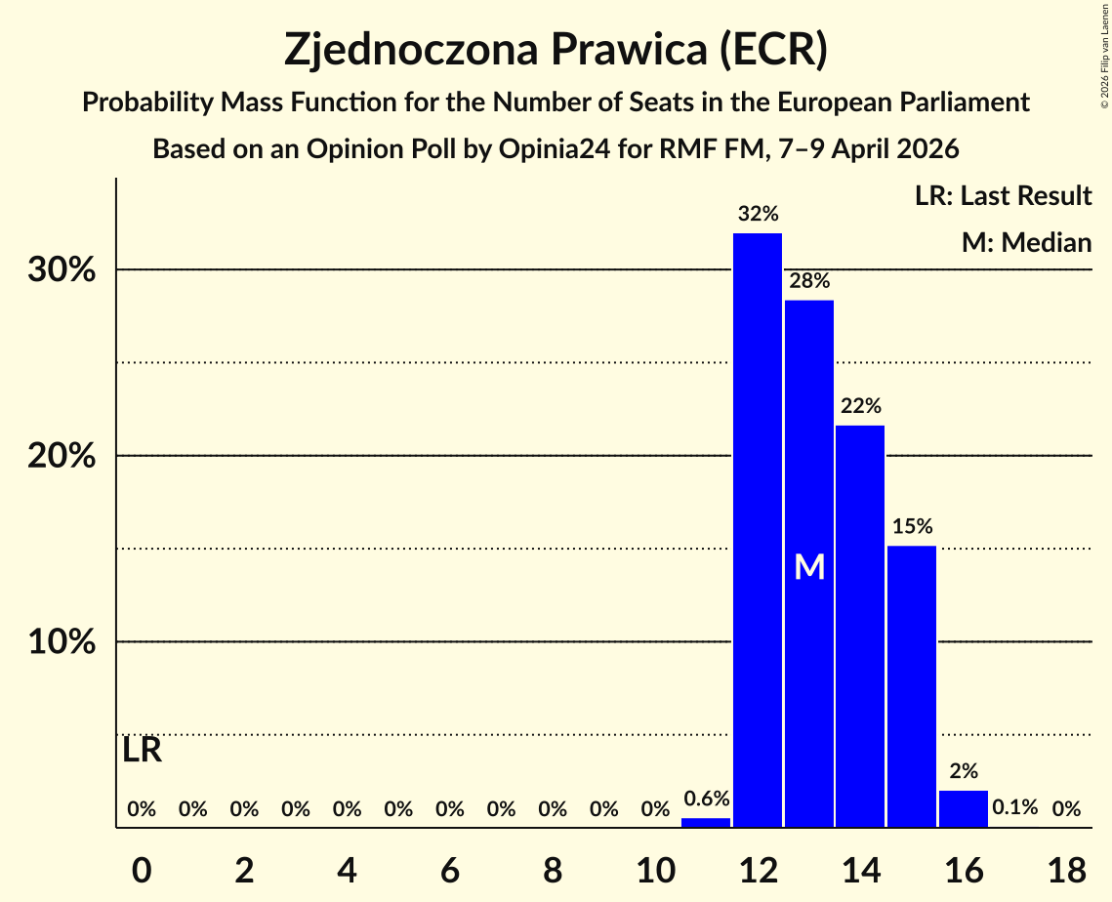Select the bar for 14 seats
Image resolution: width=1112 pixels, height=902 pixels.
860,626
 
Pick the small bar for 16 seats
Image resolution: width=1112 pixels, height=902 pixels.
963,809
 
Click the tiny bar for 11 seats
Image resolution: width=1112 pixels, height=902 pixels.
706,823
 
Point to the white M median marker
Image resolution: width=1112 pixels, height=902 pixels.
809,567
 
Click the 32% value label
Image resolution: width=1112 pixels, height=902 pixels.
758,213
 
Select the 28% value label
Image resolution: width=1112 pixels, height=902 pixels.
809,281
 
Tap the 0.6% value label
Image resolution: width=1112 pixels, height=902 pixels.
706,799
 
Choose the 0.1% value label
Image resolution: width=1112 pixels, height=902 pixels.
1014,808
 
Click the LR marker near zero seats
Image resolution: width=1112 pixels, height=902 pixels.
143,751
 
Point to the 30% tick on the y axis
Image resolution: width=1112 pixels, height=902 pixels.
62,269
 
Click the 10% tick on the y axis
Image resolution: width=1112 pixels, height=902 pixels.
62,642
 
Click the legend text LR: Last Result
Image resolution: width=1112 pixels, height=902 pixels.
1003,196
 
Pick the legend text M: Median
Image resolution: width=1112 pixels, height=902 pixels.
1026,242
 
